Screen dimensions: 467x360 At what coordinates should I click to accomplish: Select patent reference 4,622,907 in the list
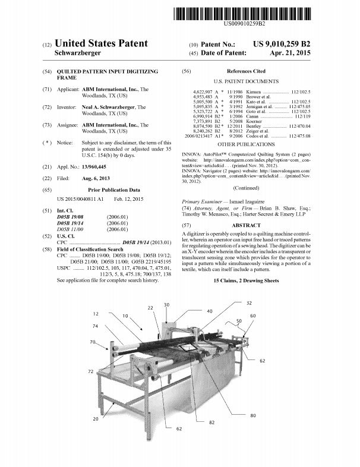point(203,92)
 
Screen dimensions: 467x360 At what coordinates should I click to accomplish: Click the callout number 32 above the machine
point(249,303)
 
